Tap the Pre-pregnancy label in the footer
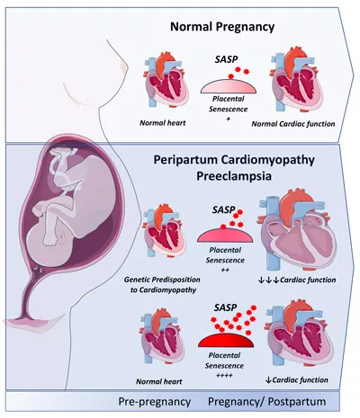coord(159,399)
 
